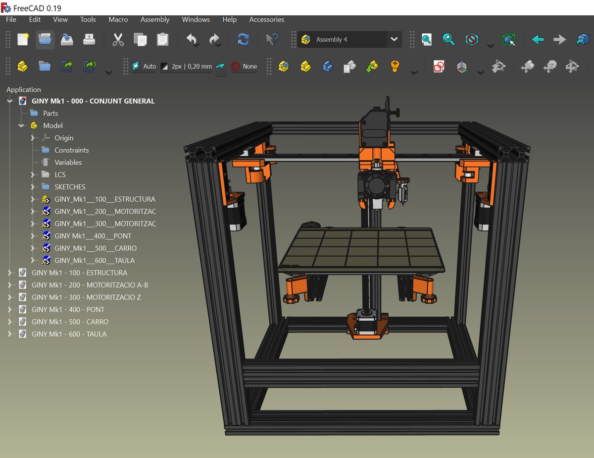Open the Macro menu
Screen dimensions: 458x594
click(x=118, y=20)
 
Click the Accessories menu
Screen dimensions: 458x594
click(x=266, y=20)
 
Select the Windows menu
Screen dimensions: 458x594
click(x=196, y=20)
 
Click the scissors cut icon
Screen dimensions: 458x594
click(x=118, y=40)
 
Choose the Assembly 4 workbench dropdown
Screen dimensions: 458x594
click(x=349, y=40)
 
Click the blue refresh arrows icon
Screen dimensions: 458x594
click(x=243, y=40)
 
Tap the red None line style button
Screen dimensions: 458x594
click(x=245, y=66)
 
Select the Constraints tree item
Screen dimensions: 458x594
click(x=71, y=150)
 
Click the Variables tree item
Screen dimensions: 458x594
click(x=68, y=163)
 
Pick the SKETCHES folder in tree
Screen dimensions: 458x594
click(x=70, y=187)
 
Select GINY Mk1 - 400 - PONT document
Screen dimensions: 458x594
click(x=68, y=309)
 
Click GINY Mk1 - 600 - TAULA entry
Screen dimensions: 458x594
click(x=69, y=334)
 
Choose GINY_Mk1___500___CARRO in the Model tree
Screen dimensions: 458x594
click(x=96, y=248)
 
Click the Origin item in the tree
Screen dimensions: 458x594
click(x=64, y=138)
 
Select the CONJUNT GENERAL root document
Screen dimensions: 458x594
click(x=93, y=101)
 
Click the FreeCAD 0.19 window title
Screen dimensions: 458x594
click(x=37, y=8)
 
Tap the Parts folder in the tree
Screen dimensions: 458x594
click(x=50, y=114)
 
